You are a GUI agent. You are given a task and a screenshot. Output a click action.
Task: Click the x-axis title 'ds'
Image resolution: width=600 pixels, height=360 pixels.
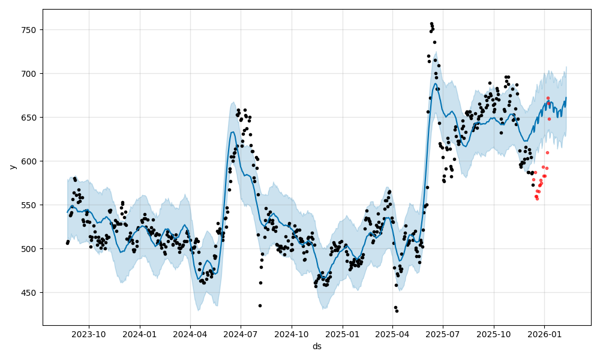[317, 346]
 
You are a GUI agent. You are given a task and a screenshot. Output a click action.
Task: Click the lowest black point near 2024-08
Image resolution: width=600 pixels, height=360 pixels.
[260, 305]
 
